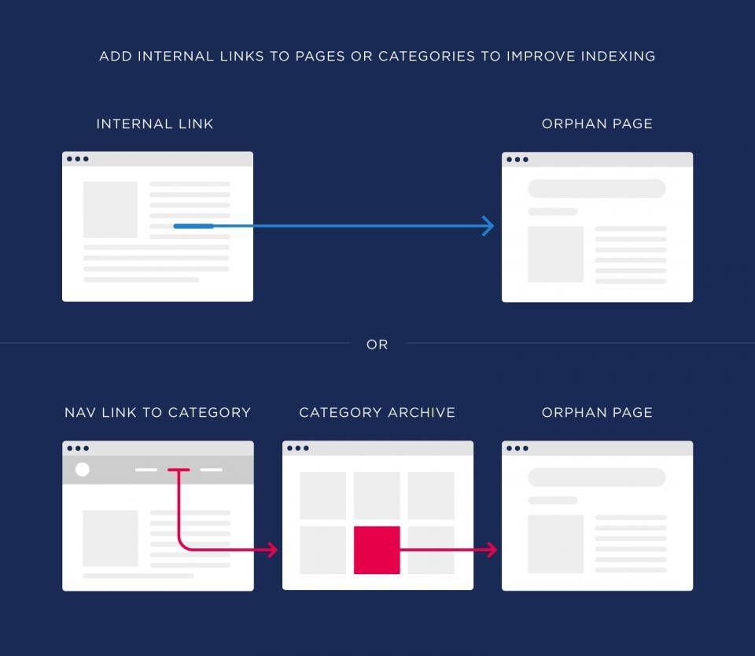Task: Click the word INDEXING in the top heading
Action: point(618,57)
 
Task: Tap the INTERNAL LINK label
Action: point(155,123)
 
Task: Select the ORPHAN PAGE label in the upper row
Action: point(597,123)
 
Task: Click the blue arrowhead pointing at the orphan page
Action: point(488,226)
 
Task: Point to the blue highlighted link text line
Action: point(193,226)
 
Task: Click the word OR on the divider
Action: point(377,345)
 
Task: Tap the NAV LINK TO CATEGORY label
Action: point(158,413)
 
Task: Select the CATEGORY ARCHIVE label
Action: point(377,413)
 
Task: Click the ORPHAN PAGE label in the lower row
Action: point(597,413)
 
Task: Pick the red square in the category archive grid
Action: point(377,550)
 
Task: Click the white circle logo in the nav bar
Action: point(83,469)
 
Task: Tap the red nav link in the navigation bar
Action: point(179,470)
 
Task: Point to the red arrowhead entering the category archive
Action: point(273,550)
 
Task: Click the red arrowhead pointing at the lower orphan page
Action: point(492,550)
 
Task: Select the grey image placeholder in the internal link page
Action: point(110,209)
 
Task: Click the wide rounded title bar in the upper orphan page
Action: point(597,188)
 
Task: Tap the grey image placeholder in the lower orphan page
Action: point(556,544)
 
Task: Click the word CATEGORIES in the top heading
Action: point(426,57)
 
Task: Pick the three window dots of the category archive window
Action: point(298,448)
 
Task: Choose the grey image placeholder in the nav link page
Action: point(110,539)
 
